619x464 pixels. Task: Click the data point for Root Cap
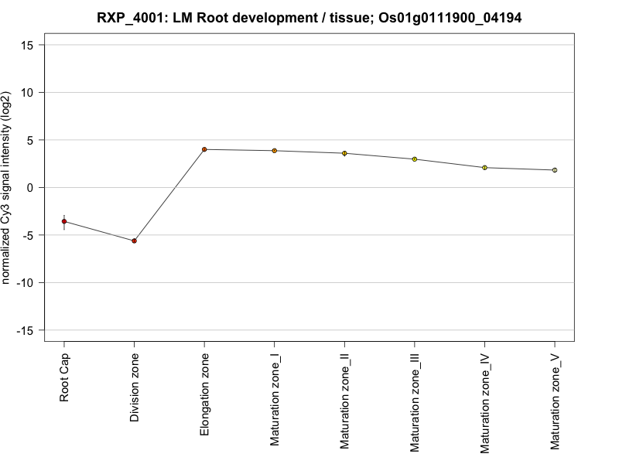point(64,221)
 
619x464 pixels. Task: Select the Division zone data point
point(134,241)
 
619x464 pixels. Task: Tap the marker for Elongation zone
point(204,149)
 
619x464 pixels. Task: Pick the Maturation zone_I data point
point(274,151)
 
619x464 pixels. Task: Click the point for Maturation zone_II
point(344,153)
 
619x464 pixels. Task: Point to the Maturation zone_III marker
point(414,159)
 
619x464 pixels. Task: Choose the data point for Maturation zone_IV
point(484,167)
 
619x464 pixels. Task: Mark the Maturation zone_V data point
point(555,169)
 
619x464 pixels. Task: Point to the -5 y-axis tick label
point(28,235)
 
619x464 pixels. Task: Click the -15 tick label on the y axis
point(25,330)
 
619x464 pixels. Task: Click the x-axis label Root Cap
point(65,379)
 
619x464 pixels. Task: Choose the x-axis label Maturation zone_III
point(415,404)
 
